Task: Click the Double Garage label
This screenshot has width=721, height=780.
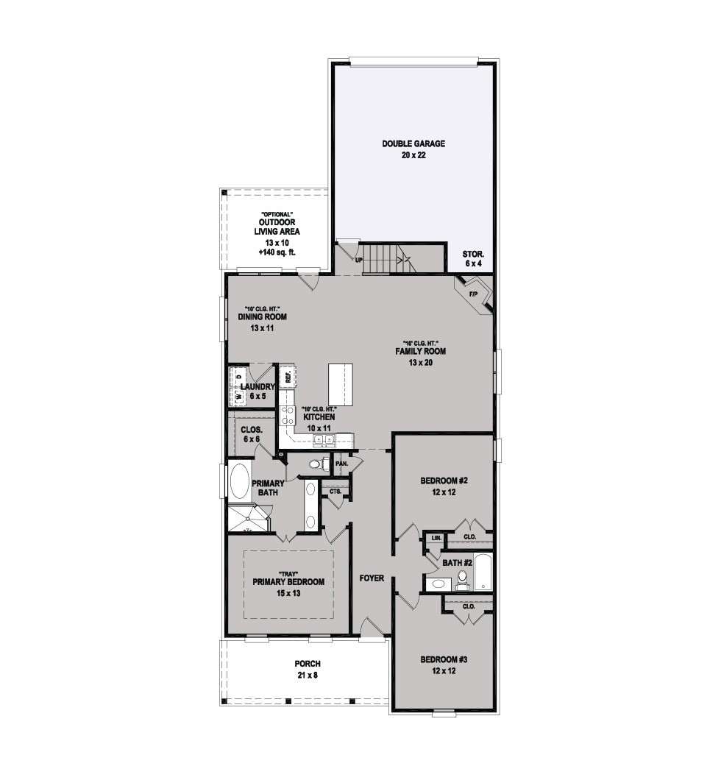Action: pyautogui.click(x=413, y=149)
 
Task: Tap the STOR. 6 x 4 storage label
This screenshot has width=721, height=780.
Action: pyautogui.click(x=473, y=259)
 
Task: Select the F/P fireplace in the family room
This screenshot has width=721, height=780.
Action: pyautogui.click(x=473, y=294)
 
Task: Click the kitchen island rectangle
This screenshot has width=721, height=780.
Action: pyautogui.click(x=341, y=386)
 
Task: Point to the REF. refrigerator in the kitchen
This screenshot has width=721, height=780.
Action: pyautogui.click(x=288, y=377)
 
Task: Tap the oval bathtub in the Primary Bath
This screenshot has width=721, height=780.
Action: pyautogui.click(x=241, y=482)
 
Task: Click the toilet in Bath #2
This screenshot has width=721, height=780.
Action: pyautogui.click(x=463, y=580)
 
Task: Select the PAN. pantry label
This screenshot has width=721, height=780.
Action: pyautogui.click(x=341, y=463)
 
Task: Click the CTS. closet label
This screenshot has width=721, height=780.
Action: pyautogui.click(x=335, y=492)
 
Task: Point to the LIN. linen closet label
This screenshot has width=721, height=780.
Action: pyautogui.click(x=436, y=538)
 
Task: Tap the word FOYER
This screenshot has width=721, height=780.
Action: pyautogui.click(x=372, y=578)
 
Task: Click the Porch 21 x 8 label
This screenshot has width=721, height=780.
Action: pyautogui.click(x=308, y=670)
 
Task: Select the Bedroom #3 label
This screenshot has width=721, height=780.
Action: pyautogui.click(x=444, y=665)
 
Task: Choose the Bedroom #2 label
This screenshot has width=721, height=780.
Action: pyautogui.click(x=444, y=486)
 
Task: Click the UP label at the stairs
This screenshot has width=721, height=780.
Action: pyautogui.click(x=359, y=260)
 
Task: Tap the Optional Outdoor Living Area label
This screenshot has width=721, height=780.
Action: pyautogui.click(x=277, y=233)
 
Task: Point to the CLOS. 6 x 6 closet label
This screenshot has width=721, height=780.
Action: pyautogui.click(x=252, y=434)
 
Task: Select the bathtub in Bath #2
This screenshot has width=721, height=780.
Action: pyautogui.click(x=483, y=571)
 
